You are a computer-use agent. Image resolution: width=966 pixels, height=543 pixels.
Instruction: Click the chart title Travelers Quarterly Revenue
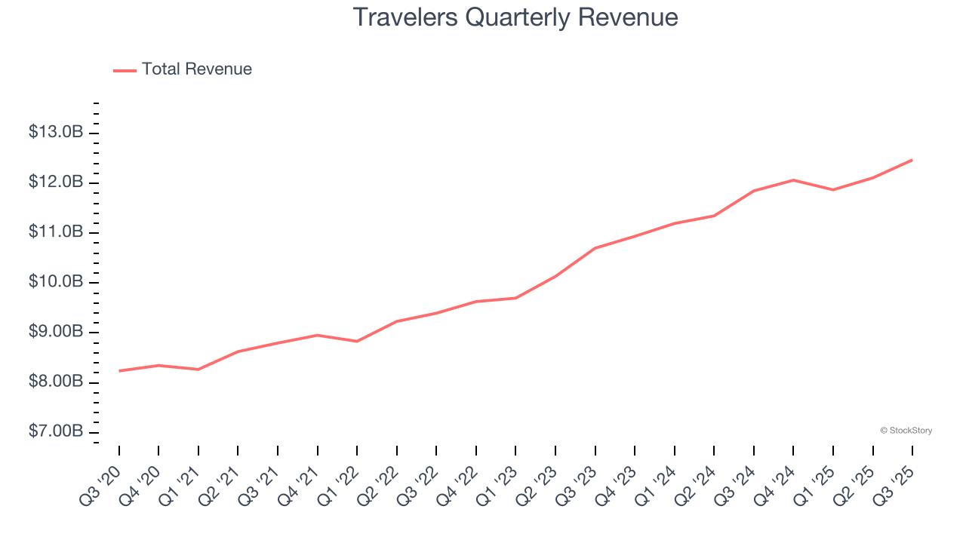[x=515, y=17]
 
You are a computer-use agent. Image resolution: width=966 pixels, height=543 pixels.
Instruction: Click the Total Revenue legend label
[x=196, y=69]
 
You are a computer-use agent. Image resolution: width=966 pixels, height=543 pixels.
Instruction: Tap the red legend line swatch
[x=125, y=70]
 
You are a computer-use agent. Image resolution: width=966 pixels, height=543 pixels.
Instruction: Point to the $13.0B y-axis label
[x=56, y=133]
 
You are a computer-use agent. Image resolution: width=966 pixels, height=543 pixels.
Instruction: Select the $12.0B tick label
[x=56, y=183]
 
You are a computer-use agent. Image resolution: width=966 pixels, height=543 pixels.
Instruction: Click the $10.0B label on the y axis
[x=56, y=282]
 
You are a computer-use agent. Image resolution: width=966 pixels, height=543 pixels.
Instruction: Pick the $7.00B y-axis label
[x=56, y=431]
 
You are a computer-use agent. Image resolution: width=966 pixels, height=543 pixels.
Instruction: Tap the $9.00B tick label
[x=56, y=332]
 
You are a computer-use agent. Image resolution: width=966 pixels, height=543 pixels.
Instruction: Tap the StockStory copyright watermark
[x=906, y=431]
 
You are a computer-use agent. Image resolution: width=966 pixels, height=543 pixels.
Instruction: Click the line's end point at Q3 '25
[x=912, y=160]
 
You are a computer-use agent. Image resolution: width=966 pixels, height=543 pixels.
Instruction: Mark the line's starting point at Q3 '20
[x=119, y=371]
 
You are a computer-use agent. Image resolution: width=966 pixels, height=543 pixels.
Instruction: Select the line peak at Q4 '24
[x=793, y=180]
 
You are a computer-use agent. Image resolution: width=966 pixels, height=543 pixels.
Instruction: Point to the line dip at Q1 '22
[x=357, y=342]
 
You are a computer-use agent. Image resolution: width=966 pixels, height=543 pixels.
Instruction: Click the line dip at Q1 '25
[x=833, y=190]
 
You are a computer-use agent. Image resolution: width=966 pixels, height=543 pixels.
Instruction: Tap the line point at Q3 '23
[x=595, y=248]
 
